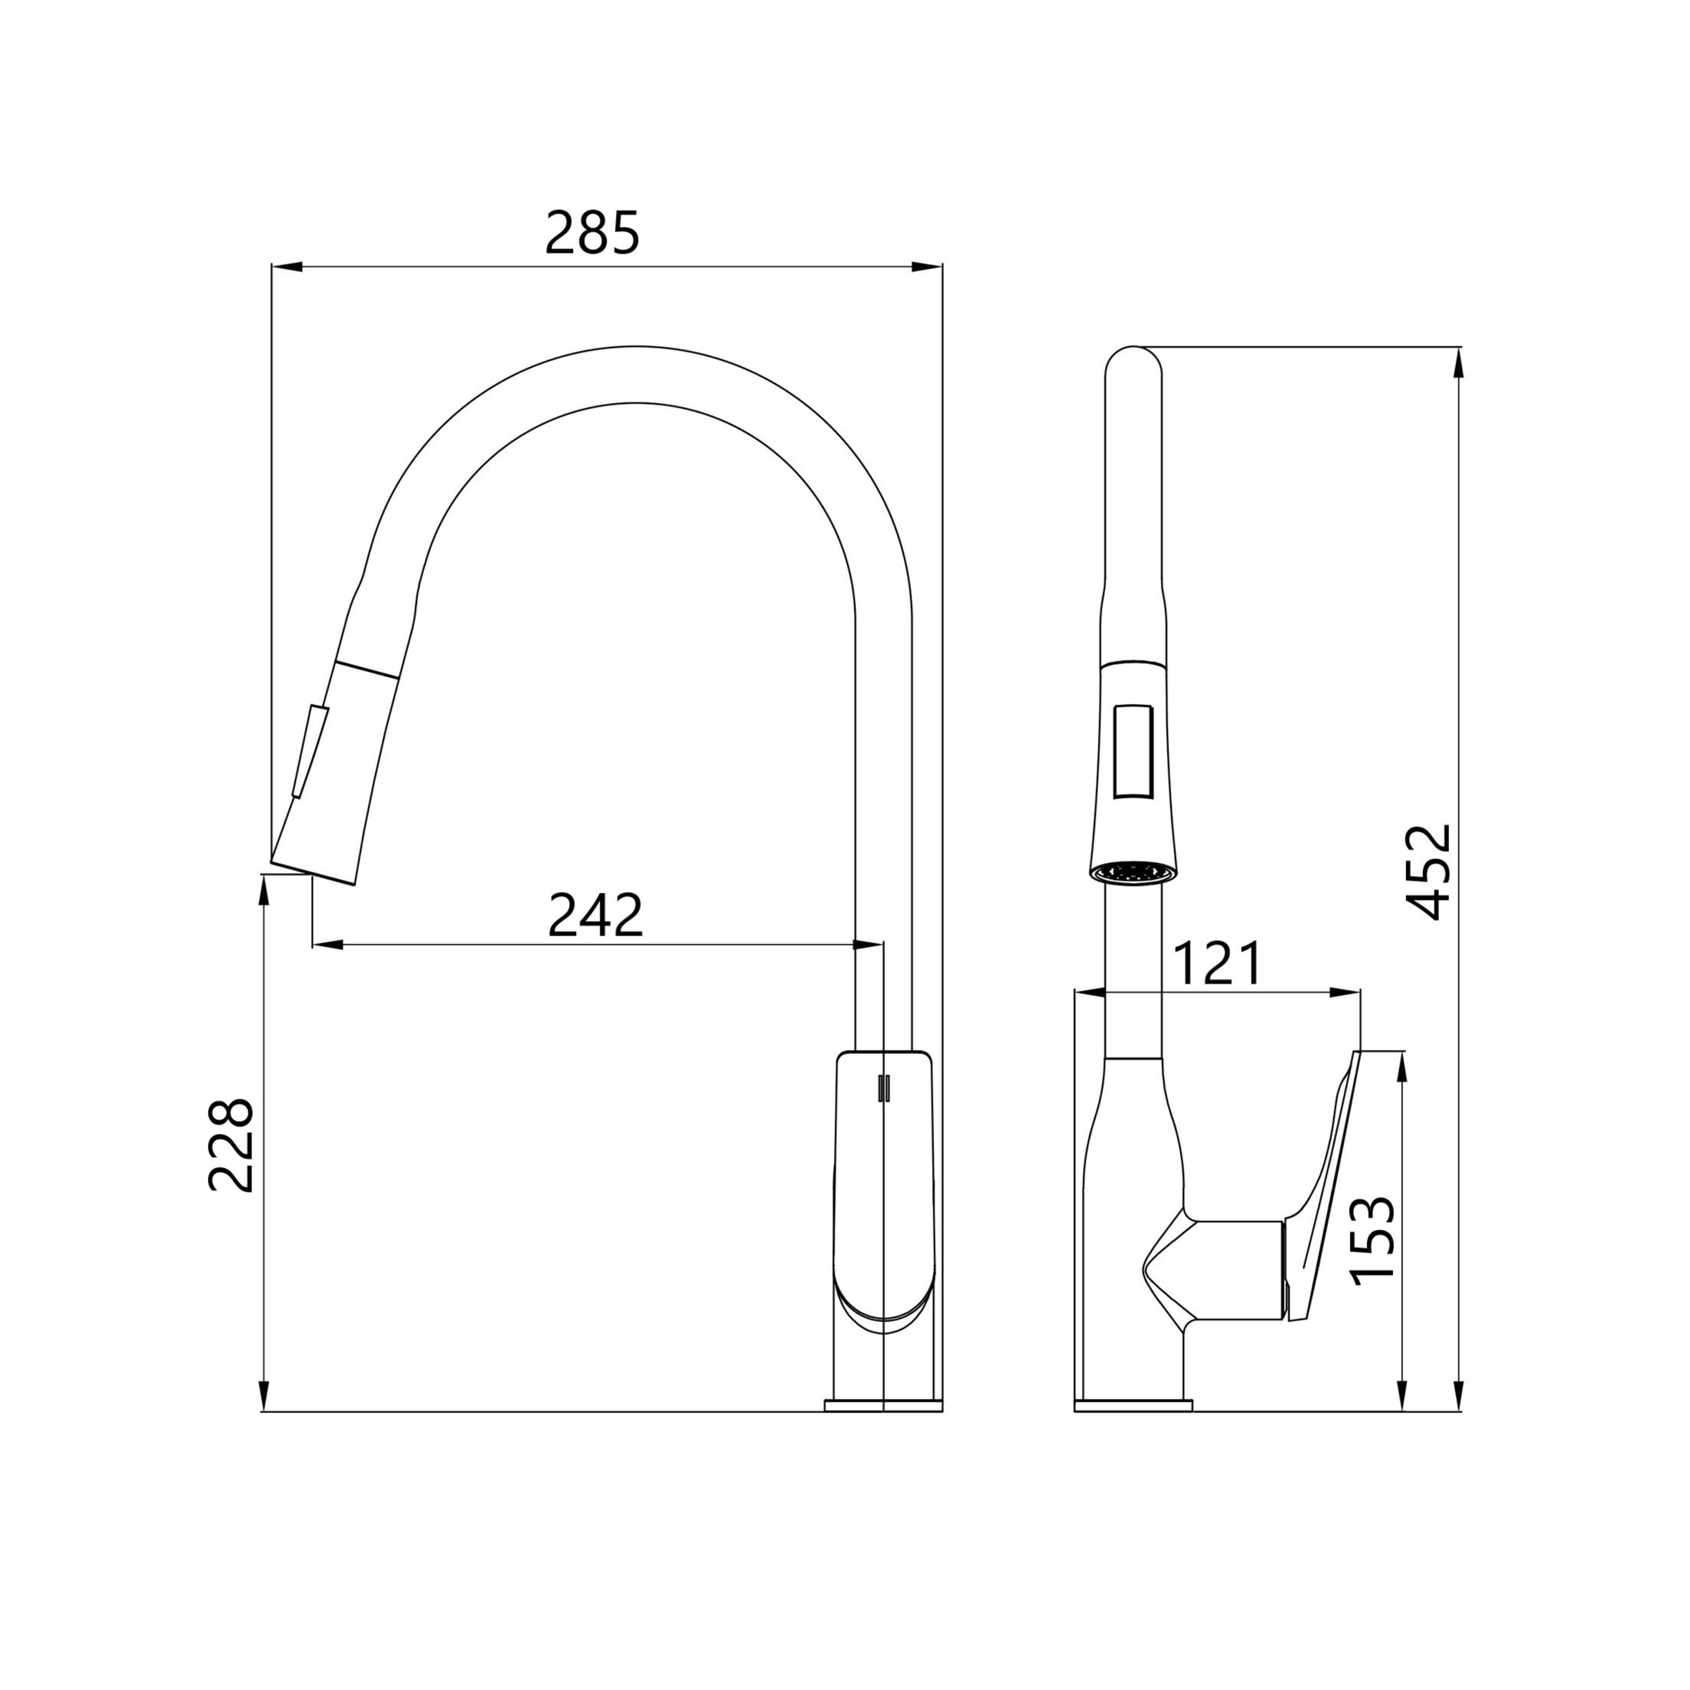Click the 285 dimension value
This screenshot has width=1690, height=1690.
pos(592,233)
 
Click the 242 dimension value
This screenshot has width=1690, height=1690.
pos(595,916)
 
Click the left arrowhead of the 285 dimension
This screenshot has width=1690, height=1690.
pos(287,267)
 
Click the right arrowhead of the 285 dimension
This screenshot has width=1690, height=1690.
pos(927,267)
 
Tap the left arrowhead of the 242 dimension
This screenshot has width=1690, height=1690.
pos(327,945)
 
